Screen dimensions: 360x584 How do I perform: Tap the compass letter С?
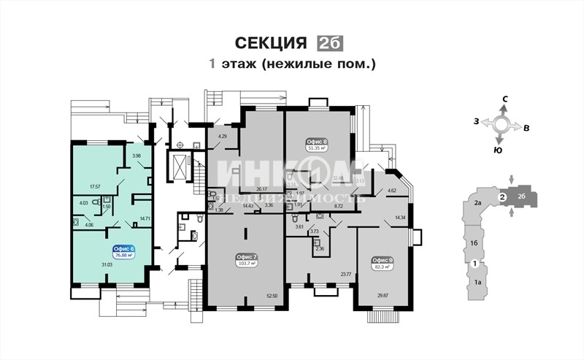click(x=504, y=98)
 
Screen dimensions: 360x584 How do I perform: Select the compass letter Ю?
click(x=498, y=150)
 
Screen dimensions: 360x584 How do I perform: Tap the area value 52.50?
click(x=272, y=295)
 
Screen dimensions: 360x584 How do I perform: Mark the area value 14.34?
click(x=400, y=218)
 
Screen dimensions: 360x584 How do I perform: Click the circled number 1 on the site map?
click(x=474, y=263)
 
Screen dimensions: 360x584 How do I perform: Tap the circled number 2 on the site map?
click(x=502, y=196)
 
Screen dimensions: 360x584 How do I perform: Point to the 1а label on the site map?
click(x=479, y=282)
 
